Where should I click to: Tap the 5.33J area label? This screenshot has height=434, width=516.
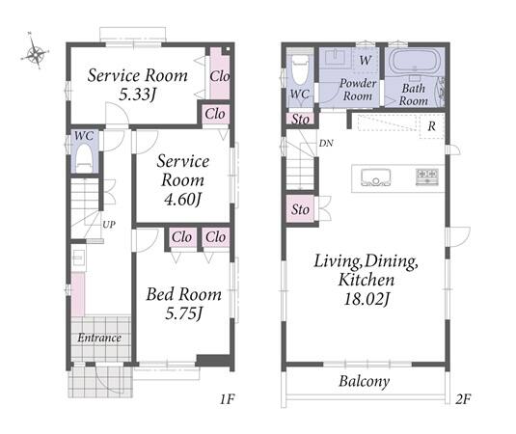(x=137, y=95)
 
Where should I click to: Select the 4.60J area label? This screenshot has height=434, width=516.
(x=182, y=200)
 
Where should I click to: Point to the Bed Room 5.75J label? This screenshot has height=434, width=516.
(x=183, y=304)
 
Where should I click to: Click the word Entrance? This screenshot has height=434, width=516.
(x=99, y=338)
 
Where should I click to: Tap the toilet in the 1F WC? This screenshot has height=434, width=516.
(x=83, y=158)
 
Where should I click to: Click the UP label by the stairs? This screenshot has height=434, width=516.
(x=109, y=225)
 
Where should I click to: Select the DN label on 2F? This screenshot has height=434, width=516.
(x=326, y=143)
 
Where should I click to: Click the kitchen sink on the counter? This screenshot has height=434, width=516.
(x=375, y=177)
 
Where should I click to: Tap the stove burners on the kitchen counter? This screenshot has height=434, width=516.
(x=427, y=176)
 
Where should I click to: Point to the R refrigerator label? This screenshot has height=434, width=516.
(x=432, y=125)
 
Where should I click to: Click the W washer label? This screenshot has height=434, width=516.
(x=366, y=60)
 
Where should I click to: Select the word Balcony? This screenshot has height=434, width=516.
(x=365, y=381)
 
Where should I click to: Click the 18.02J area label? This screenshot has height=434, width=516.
(x=367, y=299)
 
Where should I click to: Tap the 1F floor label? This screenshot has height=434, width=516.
(x=228, y=399)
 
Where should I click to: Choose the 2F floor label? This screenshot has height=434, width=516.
(x=463, y=399)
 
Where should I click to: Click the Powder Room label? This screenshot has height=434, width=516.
(x=358, y=89)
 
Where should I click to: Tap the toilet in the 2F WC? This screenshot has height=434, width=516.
(x=301, y=69)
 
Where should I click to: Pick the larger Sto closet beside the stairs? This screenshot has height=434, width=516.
(x=301, y=209)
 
